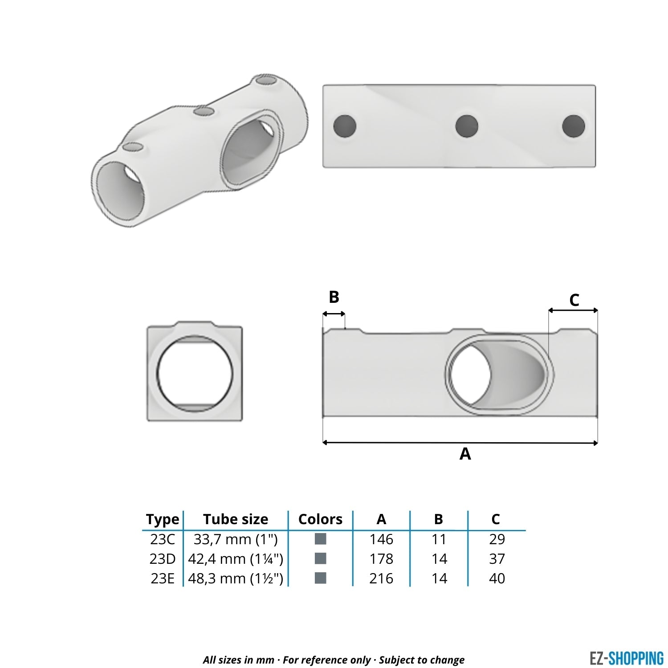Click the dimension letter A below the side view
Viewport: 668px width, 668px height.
coord(465,454)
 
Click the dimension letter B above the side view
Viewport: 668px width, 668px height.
coord(334,297)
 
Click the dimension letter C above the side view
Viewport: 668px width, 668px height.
coord(574,300)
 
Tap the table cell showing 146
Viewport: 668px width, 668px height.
coord(381,539)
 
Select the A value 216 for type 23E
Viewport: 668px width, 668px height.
coord(381,578)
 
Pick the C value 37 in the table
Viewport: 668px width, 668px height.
coord(497,558)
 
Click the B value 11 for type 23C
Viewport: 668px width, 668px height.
coord(439,539)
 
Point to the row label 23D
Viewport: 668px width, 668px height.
coord(163,558)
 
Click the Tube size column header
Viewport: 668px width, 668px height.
coord(236,519)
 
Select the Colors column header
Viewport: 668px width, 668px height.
coord(320,519)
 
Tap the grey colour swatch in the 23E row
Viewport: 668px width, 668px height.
coord(320,578)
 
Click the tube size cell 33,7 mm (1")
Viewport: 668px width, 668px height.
coord(236,539)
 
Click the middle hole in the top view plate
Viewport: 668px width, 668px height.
coord(467,126)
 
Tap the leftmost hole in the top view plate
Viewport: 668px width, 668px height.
coord(345,126)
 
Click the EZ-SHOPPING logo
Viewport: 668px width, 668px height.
coord(626,658)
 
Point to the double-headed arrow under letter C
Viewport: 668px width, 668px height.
coord(573,310)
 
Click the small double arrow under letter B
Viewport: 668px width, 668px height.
coord(334,314)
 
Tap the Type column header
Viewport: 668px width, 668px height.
coord(163,519)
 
